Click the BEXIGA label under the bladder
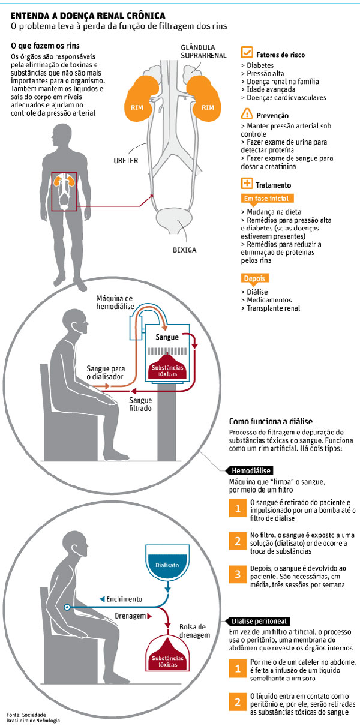[184, 250]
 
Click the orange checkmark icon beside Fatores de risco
[246, 53]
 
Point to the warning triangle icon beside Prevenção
[246, 113]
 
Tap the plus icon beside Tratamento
[246, 184]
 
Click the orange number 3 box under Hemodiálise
[238, 573]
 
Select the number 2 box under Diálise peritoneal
[238, 700]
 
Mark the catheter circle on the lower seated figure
[67, 608]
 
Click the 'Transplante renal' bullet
[272, 308]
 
